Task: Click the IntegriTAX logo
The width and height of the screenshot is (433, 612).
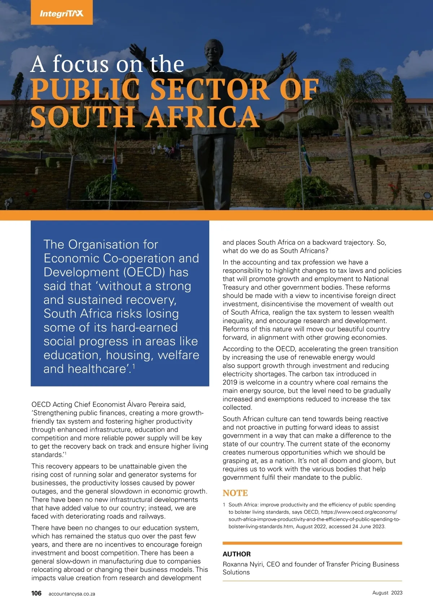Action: tap(61, 13)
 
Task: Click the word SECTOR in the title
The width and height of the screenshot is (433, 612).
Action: tap(209, 89)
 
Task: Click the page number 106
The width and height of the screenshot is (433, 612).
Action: tap(36, 593)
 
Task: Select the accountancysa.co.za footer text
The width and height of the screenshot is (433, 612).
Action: tap(72, 594)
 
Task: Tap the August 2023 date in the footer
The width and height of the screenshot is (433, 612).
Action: tap(387, 593)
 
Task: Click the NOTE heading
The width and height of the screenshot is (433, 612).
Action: tap(235, 493)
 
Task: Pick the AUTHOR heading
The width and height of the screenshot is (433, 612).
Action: tap(237, 554)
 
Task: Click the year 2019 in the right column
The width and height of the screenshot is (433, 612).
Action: tap(230, 382)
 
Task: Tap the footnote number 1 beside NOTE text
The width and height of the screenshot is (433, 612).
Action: tap(224, 505)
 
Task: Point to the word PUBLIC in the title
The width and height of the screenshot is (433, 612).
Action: tap(85, 89)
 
